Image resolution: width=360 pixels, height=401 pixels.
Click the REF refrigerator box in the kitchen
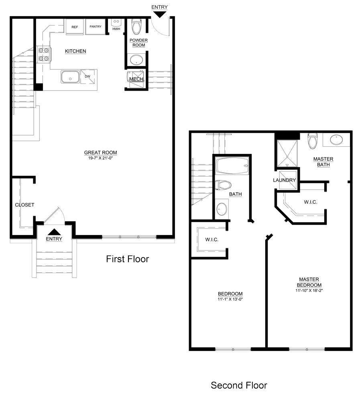[x=75, y=26]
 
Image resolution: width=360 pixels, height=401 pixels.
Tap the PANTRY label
[x=96, y=26]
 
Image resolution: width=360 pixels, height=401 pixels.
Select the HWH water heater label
[x=116, y=29]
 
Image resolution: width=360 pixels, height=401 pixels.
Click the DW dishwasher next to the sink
[x=88, y=76]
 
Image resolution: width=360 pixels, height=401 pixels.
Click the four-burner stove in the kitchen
[x=43, y=55]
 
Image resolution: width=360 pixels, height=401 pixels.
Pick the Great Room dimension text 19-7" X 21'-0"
[x=100, y=158]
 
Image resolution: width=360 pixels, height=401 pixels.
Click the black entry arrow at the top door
[x=160, y=14]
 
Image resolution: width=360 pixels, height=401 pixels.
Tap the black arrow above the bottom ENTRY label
[x=54, y=232]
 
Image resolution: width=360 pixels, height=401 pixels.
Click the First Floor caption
[x=127, y=259]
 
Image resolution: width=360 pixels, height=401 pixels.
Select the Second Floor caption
[x=239, y=385]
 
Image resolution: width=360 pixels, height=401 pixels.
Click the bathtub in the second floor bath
[x=232, y=166]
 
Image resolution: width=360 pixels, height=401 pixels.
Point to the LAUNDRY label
[x=284, y=180]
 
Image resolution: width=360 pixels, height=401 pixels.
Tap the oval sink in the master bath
[x=336, y=140]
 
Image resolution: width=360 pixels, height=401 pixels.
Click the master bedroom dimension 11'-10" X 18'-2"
[x=309, y=290]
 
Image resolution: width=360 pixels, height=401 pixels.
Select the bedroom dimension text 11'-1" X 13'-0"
[x=230, y=299]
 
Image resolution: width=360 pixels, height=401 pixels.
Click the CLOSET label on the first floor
[x=24, y=205]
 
